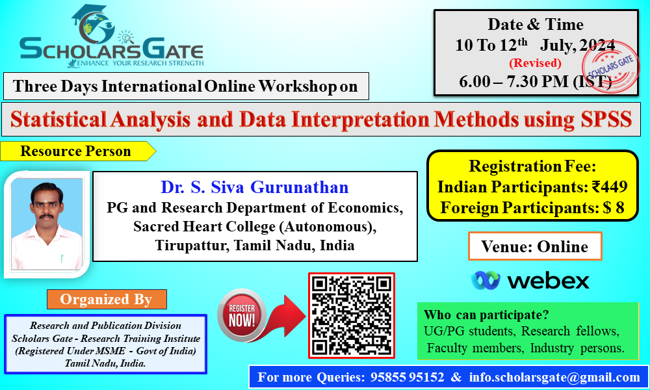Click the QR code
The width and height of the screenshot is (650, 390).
coord(352,315)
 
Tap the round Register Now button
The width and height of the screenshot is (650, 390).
coord(242,315)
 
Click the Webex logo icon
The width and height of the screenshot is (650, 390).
coord(486,281)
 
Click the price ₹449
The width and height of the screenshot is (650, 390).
coord(610,187)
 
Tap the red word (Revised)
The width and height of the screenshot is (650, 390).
coord(535,63)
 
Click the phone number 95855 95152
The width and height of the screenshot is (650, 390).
coord(407,377)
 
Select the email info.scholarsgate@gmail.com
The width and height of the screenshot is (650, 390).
coord(554,377)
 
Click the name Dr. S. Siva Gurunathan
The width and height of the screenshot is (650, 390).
coord(255,187)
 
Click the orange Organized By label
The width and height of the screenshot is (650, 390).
coord(107,299)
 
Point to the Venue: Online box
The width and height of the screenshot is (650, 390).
coord(535,246)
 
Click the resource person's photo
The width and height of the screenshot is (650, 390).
coord(46,224)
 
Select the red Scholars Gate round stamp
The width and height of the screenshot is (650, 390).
coord(610,68)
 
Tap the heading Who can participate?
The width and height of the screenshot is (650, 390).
coord(486,315)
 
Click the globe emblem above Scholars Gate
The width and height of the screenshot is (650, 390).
coord(94,25)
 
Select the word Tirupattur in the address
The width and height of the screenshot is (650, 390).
coord(192,245)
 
